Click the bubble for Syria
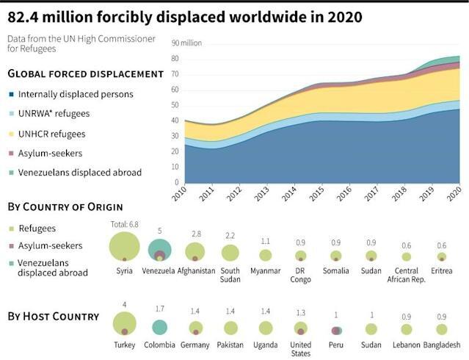click(124, 246)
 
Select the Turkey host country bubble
click(125, 324)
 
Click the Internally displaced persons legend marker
click(12, 94)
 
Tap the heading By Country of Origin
click(65, 206)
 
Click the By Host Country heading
click(53, 317)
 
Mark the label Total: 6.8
click(124, 223)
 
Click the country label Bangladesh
click(440, 345)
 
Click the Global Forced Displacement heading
click(85, 74)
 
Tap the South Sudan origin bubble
click(230, 253)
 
